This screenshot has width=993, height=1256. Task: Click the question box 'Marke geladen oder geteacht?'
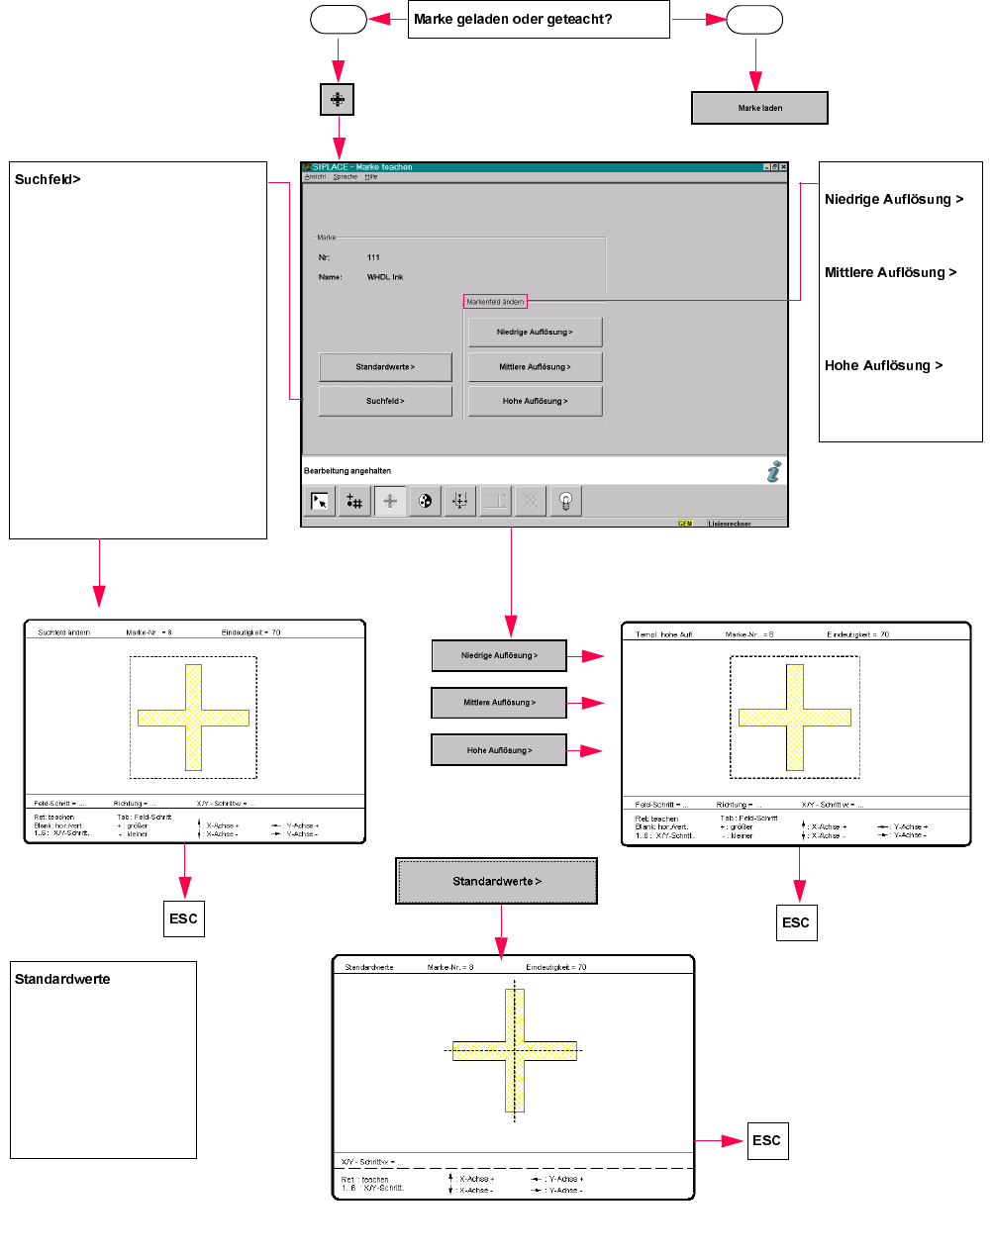pyautogui.click(x=539, y=20)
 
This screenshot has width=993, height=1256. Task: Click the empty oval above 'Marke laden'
pyautogui.click(x=754, y=20)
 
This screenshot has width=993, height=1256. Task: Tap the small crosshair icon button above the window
pyautogui.click(x=338, y=99)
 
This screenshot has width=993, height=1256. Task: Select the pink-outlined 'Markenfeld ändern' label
pyautogui.click(x=495, y=302)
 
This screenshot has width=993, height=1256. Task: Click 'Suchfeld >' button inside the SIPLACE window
pyautogui.click(x=385, y=401)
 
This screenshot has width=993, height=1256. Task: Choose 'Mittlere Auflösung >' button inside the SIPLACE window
pyautogui.click(x=535, y=367)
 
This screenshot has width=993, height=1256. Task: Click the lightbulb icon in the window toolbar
pyautogui.click(x=566, y=502)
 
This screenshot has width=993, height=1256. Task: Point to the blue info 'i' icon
pyautogui.click(x=773, y=472)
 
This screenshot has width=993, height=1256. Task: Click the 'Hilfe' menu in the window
pyautogui.click(x=371, y=177)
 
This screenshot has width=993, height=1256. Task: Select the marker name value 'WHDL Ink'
pyautogui.click(x=385, y=277)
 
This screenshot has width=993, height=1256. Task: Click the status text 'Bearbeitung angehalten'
pyautogui.click(x=348, y=471)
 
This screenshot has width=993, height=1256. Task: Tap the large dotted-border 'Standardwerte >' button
pyautogui.click(x=497, y=881)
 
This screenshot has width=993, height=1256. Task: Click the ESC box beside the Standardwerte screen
pyautogui.click(x=766, y=1141)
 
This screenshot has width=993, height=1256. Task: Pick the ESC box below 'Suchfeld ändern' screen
pyautogui.click(x=183, y=918)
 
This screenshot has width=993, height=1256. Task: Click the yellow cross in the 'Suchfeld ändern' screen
pyautogui.click(x=194, y=718)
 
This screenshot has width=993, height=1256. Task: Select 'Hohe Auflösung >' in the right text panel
pyautogui.click(x=883, y=365)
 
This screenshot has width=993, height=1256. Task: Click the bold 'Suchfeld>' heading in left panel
pyautogui.click(x=48, y=180)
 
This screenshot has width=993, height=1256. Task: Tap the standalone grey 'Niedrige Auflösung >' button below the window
pyautogui.click(x=499, y=655)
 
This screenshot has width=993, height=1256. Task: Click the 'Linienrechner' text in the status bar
pyautogui.click(x=730, y=524)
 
